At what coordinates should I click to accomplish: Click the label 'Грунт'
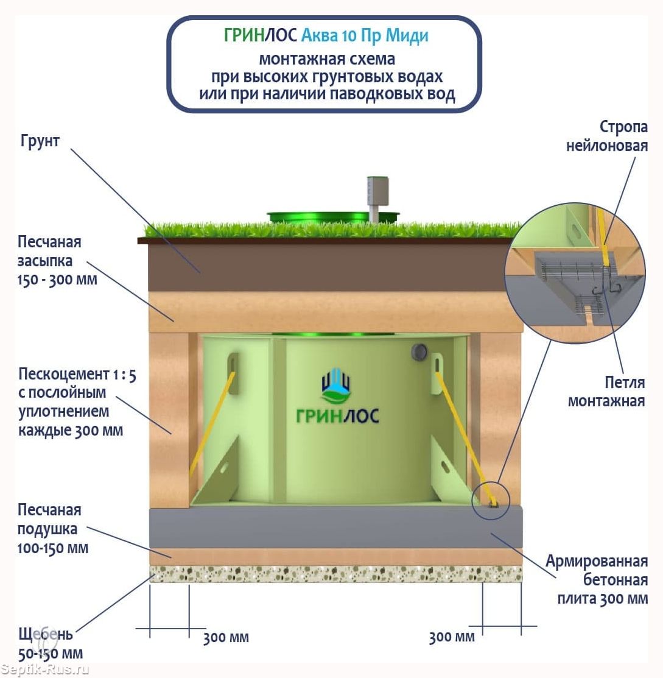click(x=40, y=141)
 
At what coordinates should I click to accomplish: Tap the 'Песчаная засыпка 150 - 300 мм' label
click(x=58, y=262)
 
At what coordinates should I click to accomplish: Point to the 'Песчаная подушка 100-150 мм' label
click(x=53, y=529)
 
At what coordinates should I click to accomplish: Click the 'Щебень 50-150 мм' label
click(x=51, y=644)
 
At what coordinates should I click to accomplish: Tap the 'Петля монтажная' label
click(x=606, y=392)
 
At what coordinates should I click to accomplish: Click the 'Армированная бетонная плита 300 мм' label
click(x=596, y=579)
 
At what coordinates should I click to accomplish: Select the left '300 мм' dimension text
click(x=226, y=638)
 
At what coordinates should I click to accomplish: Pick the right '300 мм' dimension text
click(x=451, y=637)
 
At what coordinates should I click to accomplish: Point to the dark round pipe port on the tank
click(x=419, y=351)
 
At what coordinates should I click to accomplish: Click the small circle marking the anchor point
click(x=491, y=500)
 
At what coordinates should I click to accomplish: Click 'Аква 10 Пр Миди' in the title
click(x=364, y=35)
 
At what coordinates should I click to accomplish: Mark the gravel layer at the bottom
click(x=335, y=574)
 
